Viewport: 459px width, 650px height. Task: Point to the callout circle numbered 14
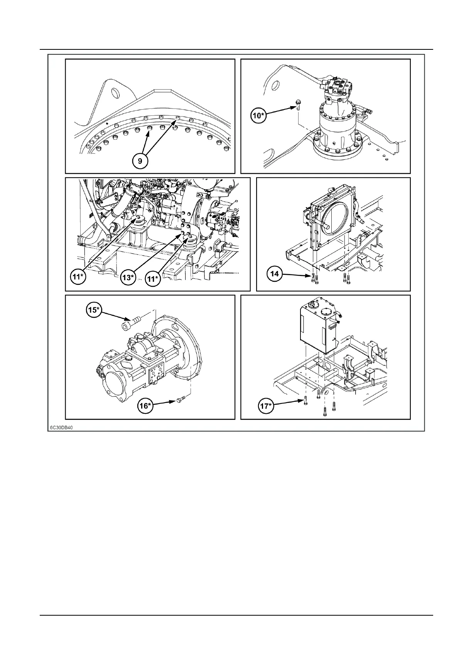tap(275, 274)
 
